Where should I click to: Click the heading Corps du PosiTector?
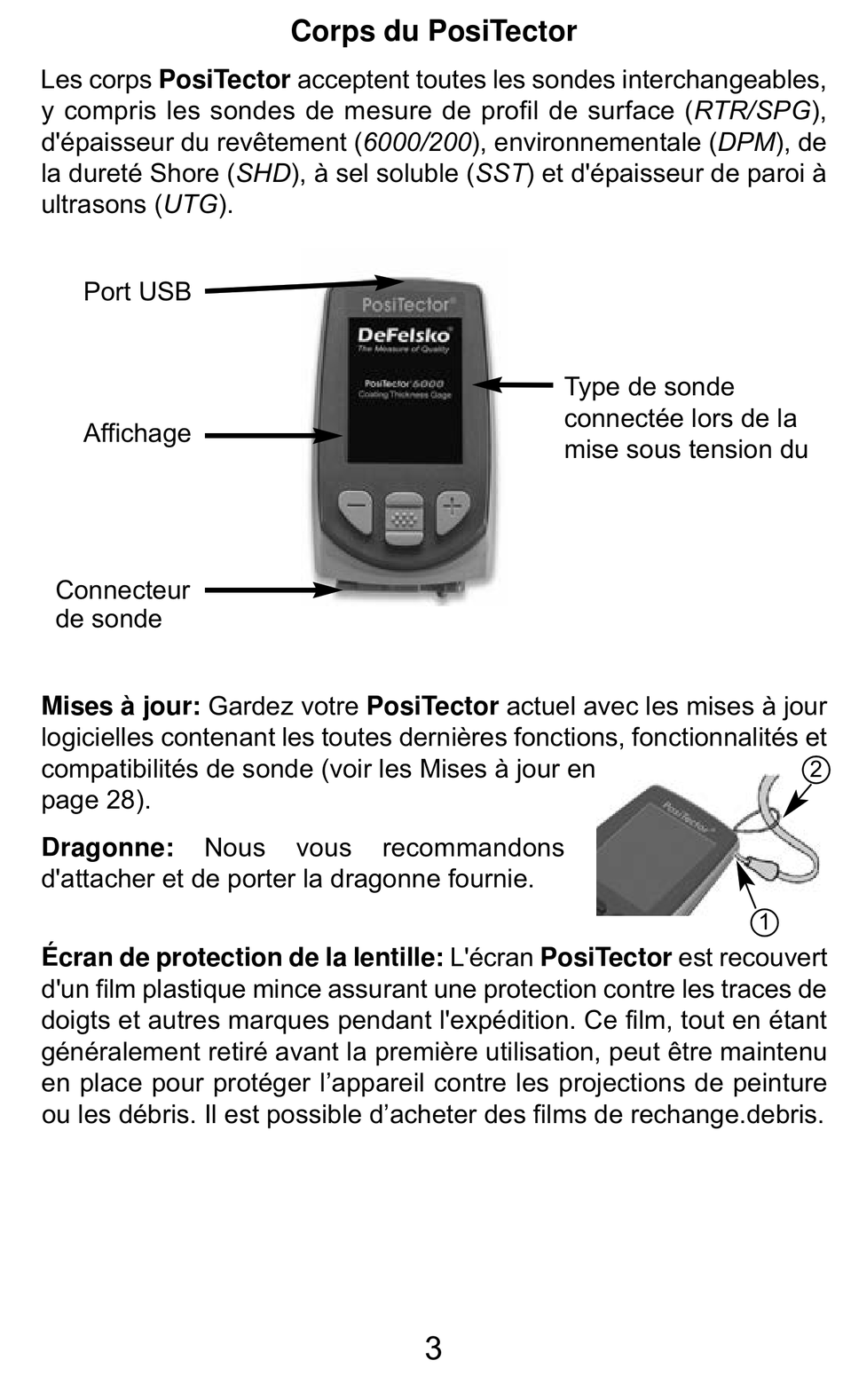pos(433,31)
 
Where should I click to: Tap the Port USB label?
pos(137,291)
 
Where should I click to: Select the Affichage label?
pos(137,433)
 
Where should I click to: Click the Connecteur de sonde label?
pos(122,604)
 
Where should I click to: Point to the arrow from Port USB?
pos(303,286)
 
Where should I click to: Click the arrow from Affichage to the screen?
pos(273,436)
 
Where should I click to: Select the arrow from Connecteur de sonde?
pos(273,590)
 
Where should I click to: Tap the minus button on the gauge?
pos(356,510)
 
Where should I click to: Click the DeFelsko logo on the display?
pos(404,336)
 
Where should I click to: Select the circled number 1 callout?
pos(764,922)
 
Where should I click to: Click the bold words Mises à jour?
pos(121,707)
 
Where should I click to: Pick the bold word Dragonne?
pos(108,848)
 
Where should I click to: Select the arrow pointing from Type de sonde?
pos(513,385)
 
